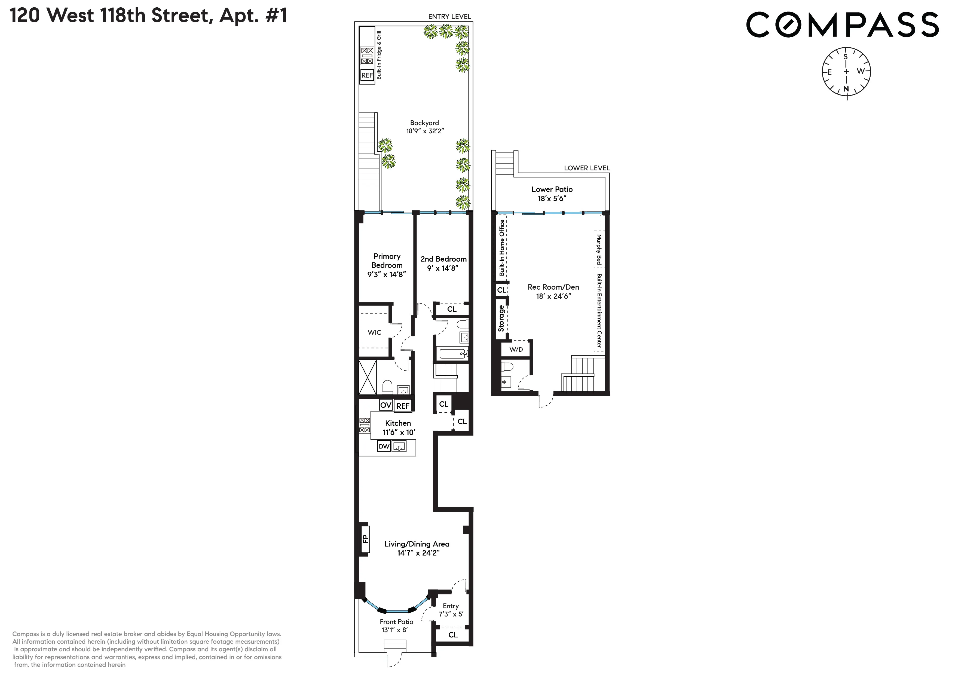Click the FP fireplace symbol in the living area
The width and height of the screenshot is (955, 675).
tap(365, 539)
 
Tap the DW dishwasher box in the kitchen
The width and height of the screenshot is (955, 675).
tap(384, 446)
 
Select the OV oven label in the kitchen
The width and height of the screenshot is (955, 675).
tap(385, 405)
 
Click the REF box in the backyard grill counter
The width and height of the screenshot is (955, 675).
tap(367, 75)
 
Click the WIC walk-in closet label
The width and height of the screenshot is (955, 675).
tap(374, 332)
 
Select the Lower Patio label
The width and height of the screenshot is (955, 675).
tap(552, 189)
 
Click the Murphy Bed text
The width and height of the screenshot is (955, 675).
tap(599, 250)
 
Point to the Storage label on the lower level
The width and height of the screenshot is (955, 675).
tap(501, 318)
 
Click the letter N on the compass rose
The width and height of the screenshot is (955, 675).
tap(846, 88)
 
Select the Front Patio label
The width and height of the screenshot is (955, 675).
tap(396, 622)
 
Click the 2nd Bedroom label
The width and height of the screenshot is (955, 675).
tap(443, 259)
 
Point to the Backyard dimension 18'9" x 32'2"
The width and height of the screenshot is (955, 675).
tap(425, 131)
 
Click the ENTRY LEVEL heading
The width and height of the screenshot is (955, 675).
tap(450, 17)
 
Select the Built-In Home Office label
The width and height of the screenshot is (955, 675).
tap(502, 247)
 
